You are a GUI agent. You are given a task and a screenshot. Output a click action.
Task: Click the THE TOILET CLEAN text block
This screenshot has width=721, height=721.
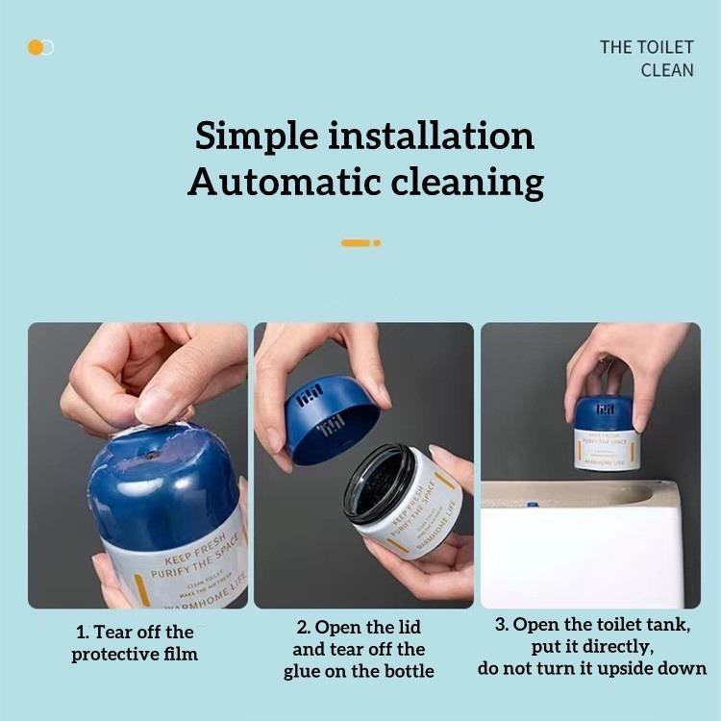pyautogui.click(x=646, y=59)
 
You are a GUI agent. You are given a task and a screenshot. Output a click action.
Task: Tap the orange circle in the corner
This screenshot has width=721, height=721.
pyautogui.click(x=36, y=47)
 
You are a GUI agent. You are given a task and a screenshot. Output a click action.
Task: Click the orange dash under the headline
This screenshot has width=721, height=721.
pyautogui.click(x=356, y=243)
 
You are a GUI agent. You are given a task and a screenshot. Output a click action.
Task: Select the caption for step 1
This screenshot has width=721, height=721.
pyautogui.click(x=135, y=643)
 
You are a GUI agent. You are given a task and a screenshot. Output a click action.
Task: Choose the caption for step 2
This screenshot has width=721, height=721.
pyautogui.click(x=359, y=650)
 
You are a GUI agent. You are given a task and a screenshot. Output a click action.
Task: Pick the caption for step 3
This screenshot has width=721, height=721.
pyautogui.click(x=592, y=646)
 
